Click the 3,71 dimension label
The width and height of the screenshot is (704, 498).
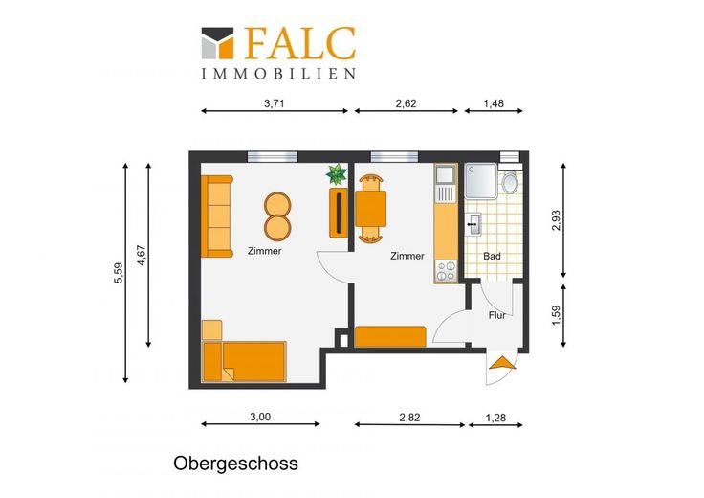274,103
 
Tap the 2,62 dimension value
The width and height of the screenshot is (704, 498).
406,103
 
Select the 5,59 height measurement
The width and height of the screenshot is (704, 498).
118,273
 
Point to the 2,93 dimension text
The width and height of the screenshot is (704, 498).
556,220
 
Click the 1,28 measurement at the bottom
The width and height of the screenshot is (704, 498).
495,418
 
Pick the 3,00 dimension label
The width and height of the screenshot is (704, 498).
260,417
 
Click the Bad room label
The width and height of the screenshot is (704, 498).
492,257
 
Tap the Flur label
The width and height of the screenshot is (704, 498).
497,315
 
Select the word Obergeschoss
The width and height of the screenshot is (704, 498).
235,464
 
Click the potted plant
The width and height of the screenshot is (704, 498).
337,174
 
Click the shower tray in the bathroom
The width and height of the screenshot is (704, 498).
481,181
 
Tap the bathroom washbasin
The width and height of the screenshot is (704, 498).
473,224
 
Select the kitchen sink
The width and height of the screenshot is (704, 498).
446,183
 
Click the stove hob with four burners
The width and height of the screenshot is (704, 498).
446,271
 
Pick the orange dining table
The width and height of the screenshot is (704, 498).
371,209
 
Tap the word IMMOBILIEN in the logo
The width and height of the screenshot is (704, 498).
278,74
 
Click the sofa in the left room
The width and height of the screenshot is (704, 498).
217,216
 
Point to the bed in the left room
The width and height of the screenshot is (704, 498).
244,361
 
